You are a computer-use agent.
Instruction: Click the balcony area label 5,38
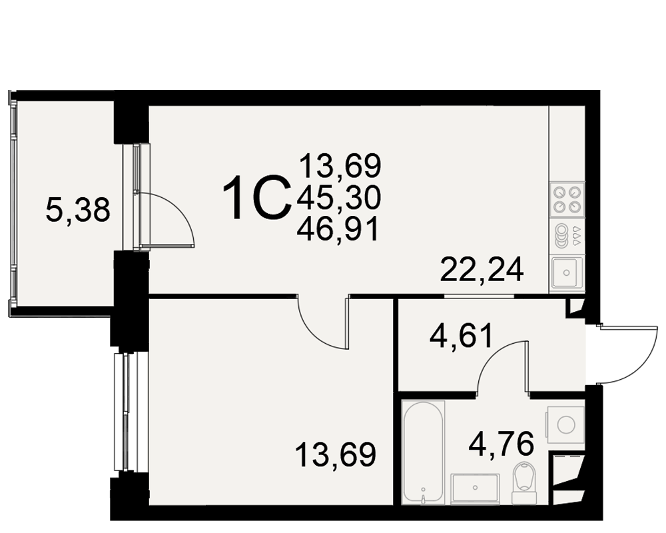click(78, 211)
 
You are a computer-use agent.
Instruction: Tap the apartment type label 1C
click(257, 199)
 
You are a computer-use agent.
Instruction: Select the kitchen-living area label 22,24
click(482, 270)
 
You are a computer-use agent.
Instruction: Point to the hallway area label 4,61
click(462, 336)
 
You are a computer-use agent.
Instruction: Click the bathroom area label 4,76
click(501, 443)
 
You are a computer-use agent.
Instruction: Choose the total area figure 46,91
click(338, 230)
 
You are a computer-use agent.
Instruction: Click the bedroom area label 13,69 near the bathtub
click(336, 454)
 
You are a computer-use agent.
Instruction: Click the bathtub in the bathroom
click(424, 452)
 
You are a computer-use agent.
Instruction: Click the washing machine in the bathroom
click(565, 424)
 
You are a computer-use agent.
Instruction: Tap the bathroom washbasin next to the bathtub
click(475, 489)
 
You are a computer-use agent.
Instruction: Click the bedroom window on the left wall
click(127, 412)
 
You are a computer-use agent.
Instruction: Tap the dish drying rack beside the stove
click(567, 236)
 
